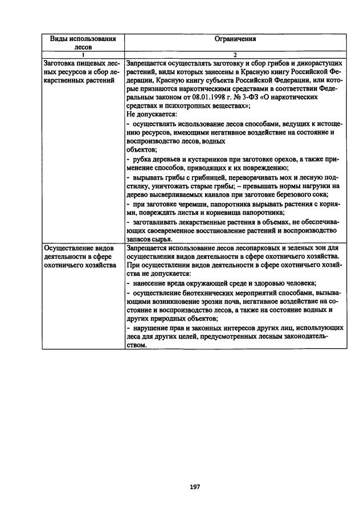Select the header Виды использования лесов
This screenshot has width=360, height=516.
pos(83,43)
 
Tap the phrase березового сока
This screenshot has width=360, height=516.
pos(300,194)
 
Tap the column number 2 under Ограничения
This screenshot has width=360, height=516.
pos(235,55)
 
